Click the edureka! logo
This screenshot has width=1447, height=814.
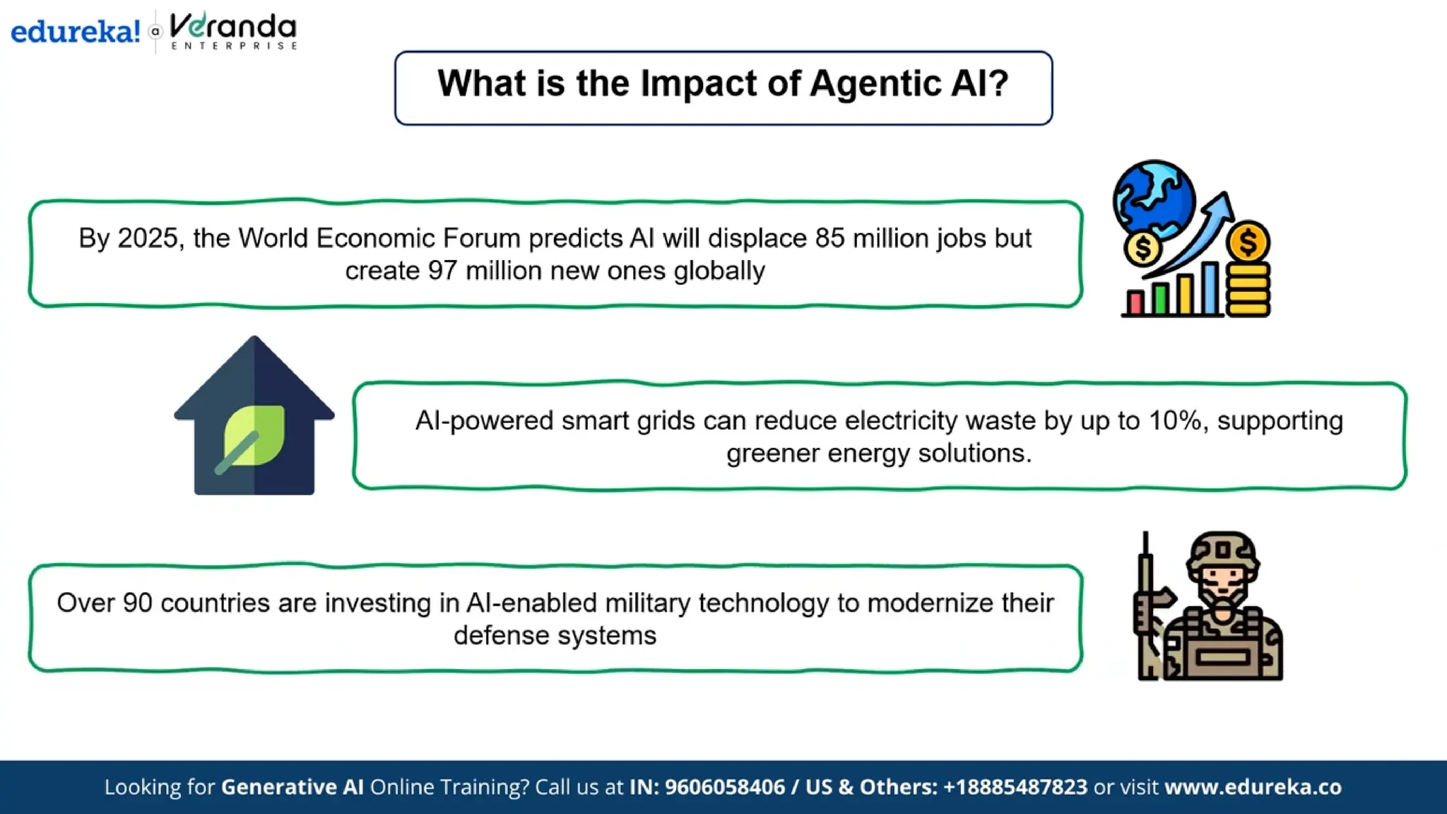75,32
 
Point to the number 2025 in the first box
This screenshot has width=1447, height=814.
147,239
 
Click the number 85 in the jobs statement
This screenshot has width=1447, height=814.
829,239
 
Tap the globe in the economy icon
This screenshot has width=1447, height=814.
1154,199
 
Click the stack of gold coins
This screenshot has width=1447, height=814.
1248,290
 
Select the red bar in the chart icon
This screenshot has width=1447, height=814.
1135,302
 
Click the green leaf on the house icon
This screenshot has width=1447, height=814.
254,435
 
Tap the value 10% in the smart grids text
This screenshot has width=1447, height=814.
1175,421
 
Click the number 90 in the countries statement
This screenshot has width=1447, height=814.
137,603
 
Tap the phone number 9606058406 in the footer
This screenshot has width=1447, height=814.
724,787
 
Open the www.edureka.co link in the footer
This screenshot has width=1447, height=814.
1253,787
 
